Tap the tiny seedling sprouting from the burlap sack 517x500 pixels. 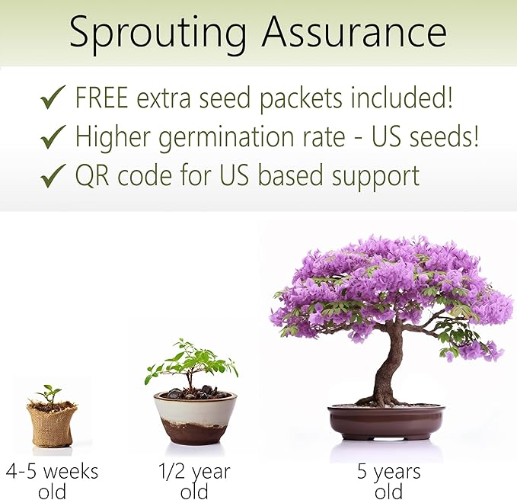50,393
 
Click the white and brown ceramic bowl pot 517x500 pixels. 195,418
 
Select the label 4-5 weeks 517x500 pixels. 53,470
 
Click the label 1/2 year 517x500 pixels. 194,470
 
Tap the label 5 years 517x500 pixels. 388,472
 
